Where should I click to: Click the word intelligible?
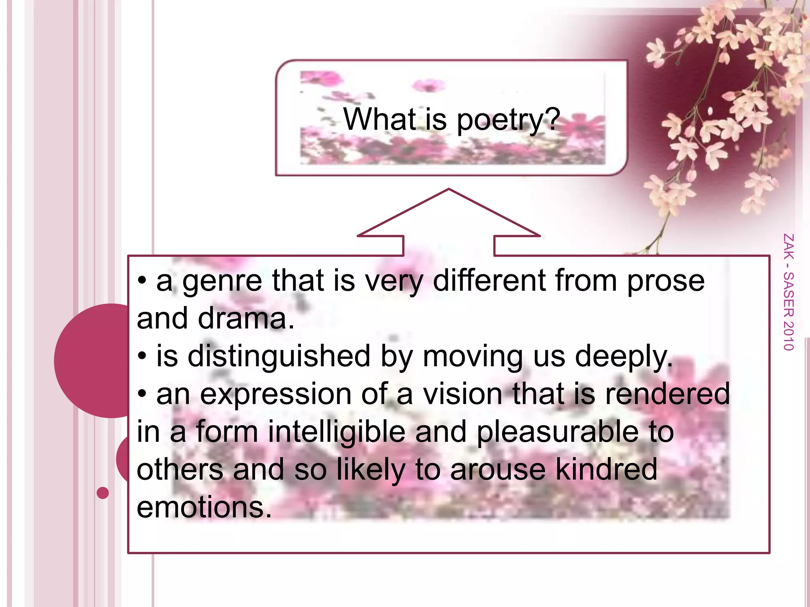tap(337, 432)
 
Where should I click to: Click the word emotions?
tap(204, 507)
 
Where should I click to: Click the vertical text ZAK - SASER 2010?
tap(788, 292)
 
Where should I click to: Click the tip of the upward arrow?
tap(449, 190)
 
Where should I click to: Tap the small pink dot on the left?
tap(103, 493)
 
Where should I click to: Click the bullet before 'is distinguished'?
tap(142, 356)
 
